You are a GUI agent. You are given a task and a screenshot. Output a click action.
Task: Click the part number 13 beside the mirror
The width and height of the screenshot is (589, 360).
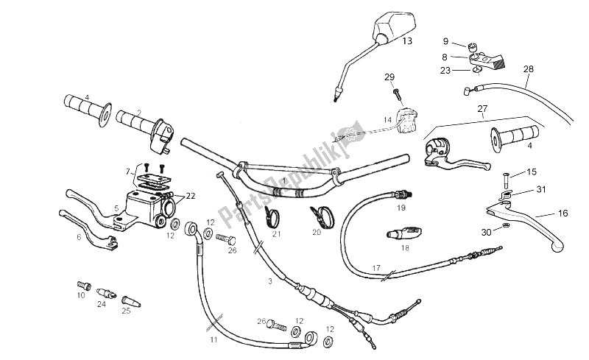[x=407, y=42]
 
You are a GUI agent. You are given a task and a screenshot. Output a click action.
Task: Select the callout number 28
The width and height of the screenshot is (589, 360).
[x=528, y=69]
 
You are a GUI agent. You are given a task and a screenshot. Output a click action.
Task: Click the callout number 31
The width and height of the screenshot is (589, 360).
[x=542, y=190]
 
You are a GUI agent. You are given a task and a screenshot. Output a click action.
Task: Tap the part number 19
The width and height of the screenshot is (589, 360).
[x=401, y=208]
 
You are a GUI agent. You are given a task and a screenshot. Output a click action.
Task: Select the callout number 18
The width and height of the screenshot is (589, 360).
[x=404, y=249]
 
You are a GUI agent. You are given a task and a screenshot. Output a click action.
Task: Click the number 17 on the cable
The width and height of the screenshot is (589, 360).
[x=376, y=267]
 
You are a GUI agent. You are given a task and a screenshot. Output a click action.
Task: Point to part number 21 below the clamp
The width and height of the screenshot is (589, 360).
[x=277, y=234]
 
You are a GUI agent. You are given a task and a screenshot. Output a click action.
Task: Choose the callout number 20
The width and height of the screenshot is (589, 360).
[x=317, y=231]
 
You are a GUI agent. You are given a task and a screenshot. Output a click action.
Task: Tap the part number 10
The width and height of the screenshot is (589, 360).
[x=80, y=294]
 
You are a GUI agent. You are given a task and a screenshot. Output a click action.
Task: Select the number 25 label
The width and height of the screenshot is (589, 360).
[x=125, y=311]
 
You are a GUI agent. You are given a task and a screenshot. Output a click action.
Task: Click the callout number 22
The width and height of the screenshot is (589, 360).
[x=190, y=196]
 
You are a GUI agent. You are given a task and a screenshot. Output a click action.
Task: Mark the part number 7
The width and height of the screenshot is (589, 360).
[x=127, y=170]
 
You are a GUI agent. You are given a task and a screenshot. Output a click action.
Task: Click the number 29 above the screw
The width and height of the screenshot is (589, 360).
[x=389, y=77]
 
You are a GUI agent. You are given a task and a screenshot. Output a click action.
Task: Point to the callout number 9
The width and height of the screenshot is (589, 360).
[x=445, y=41]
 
